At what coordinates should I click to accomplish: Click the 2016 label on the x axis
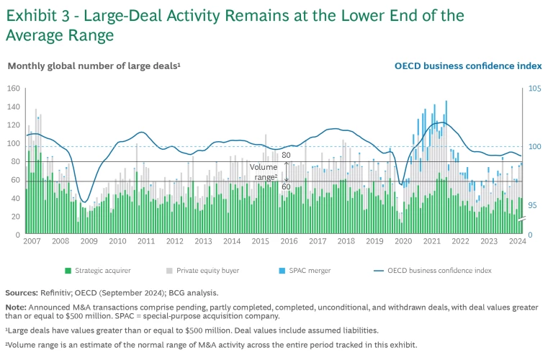pyautogui.click(x=288, y=241)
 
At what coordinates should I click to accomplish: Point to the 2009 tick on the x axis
pyautogui.click(x=89, y=241)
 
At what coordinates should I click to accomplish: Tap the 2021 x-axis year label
pyautogui.click(x=431, y=241)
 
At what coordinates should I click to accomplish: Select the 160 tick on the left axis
pyautogui.click(x=12, y=89)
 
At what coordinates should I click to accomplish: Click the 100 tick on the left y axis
pyautogui.click(x=12, y=143)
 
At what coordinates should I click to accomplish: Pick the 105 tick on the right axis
pyautogui.click(x=534, y=89)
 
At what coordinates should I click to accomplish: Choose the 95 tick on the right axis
pyautogui.click(x=534, y=205)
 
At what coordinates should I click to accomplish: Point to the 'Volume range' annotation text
pyautogui.click(x=264, y=171)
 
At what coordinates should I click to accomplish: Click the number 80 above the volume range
pyautogui.click(x=286, y=155)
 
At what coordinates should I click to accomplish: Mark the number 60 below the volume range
pyautogui.click(x=286, y=186)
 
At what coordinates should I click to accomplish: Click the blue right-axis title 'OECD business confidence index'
pyautogui.click(x=468, y=66)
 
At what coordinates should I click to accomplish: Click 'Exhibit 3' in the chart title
pyautogui.click(x=35, y=15)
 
